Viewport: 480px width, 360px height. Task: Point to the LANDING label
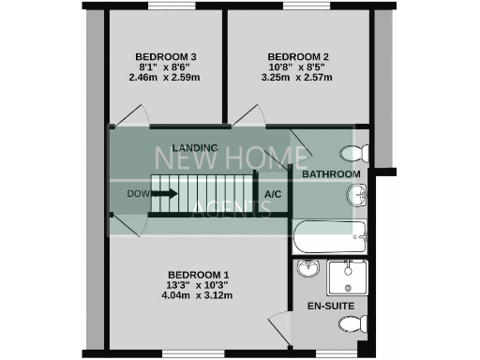pos(195,148)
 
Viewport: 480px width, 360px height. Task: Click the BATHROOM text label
pos(331,174)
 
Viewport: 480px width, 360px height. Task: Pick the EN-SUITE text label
pos(330,306)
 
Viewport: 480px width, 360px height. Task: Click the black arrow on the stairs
pos(164,194)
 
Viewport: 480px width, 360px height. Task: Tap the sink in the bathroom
pos(357,196)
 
